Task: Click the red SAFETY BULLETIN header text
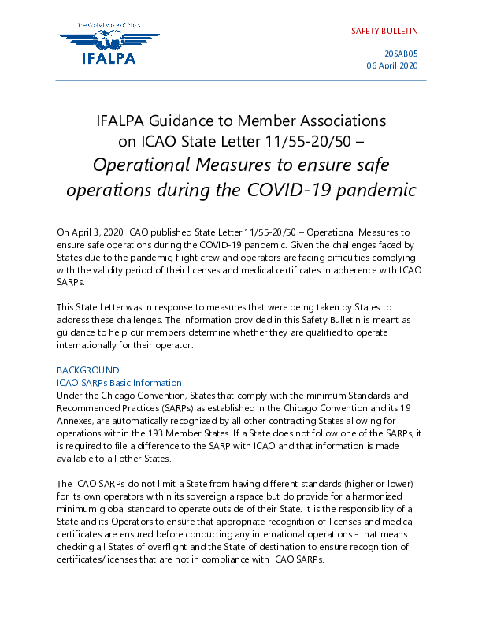[x=384, y=32]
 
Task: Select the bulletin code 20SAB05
[x=400, y=53]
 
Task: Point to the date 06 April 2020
[x=391, y=65]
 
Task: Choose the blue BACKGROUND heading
[x=88, y=370]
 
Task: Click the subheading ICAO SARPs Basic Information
[x=119, y=382]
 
